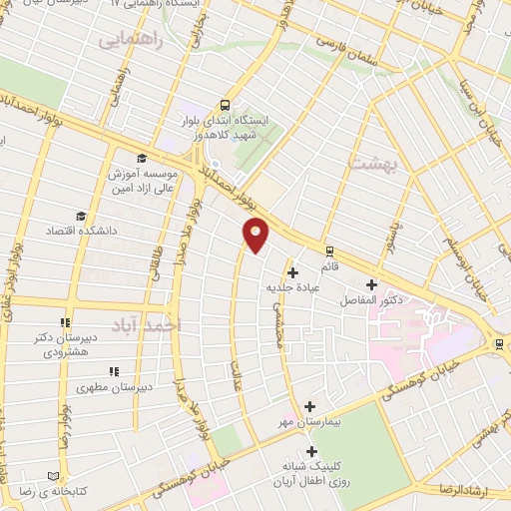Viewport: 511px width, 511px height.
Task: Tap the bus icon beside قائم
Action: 328,251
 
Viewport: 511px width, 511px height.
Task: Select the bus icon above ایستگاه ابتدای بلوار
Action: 225,104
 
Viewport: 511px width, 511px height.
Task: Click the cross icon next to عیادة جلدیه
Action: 292,272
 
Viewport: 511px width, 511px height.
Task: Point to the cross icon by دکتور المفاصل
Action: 372,284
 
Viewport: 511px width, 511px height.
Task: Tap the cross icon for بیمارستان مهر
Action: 310,406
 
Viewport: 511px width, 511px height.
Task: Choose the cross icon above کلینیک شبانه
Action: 312,452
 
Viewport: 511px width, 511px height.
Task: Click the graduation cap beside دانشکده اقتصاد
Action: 80,216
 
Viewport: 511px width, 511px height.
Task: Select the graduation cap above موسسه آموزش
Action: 142,159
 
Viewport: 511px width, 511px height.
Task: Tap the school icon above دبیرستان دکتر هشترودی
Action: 66,322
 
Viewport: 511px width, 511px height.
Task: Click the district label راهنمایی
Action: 127,41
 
